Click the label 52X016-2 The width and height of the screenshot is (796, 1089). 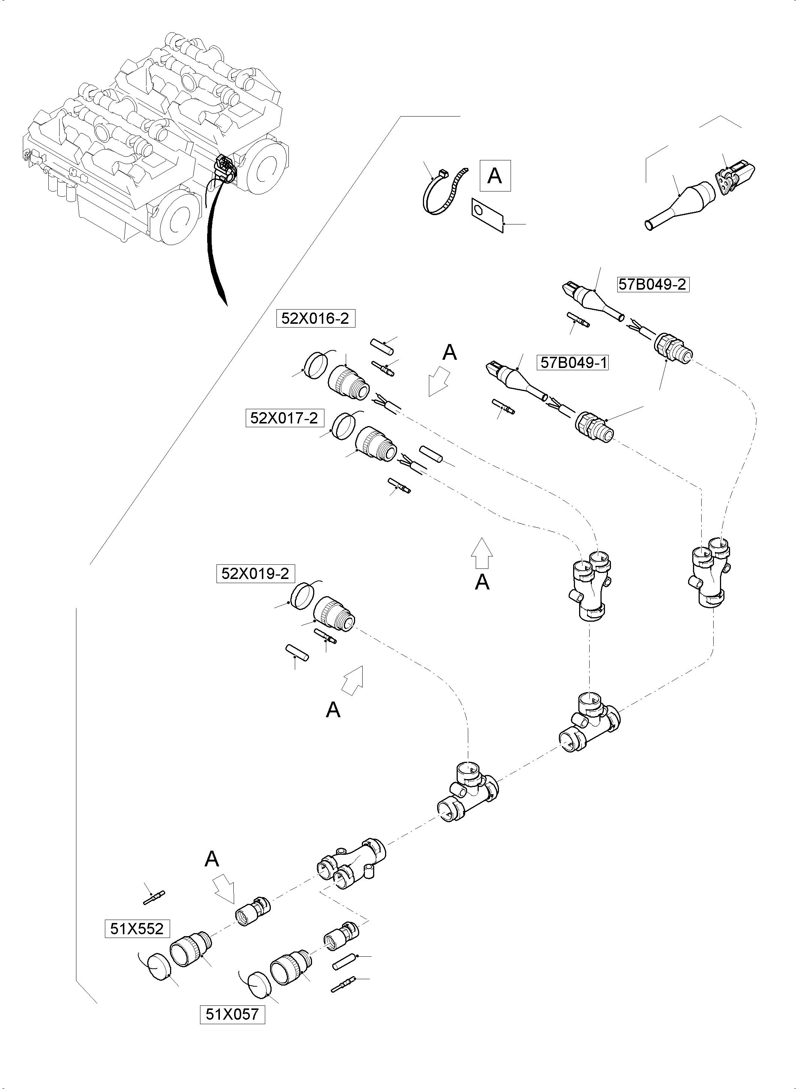[x=315, y=319]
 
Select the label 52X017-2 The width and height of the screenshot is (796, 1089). [x=284, y=418]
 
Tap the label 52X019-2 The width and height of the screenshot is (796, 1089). [x=255, y=573]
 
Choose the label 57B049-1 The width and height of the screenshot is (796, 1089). [x=573, y=362]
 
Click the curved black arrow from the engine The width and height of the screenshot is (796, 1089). [x=212, y=241]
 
